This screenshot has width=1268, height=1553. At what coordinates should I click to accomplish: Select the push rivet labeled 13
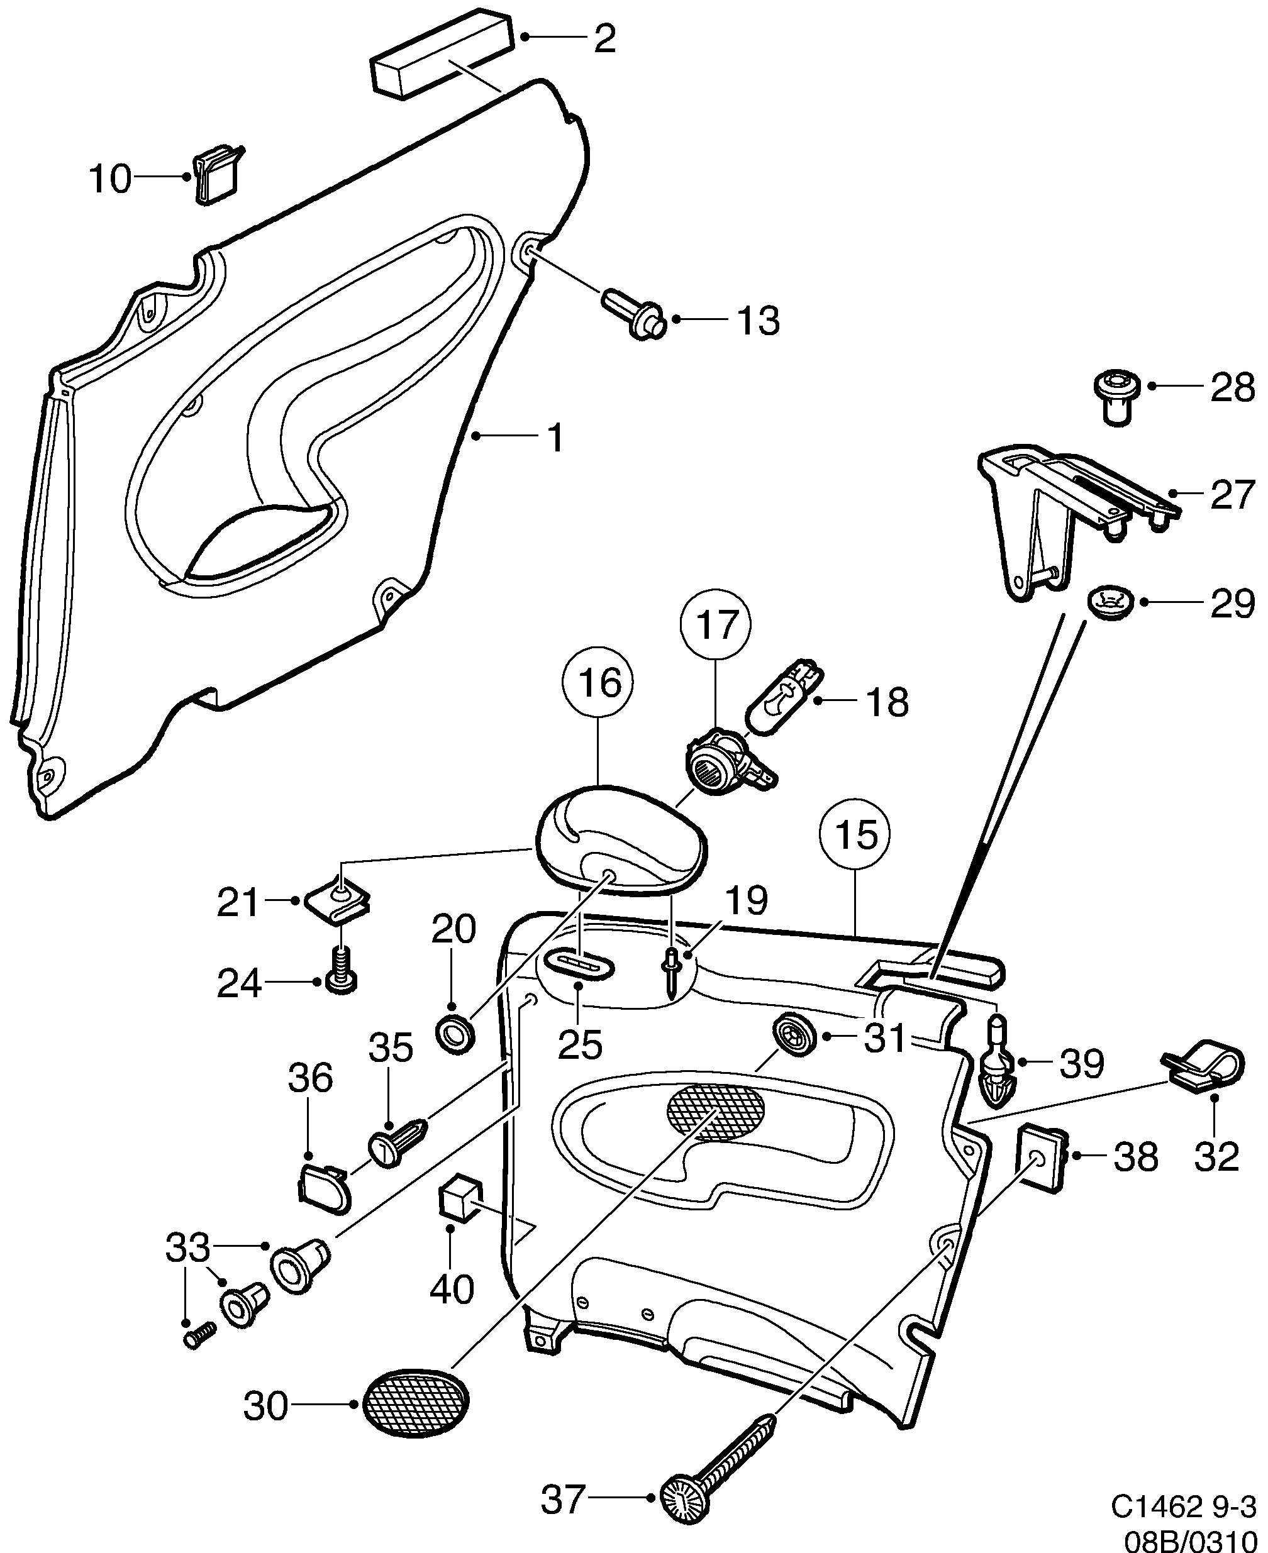click(x=633, y=316)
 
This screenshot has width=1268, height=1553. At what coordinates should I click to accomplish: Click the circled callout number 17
click(x=715, y=626)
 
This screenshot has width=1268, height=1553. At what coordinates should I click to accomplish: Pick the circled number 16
click(x=598, y=683)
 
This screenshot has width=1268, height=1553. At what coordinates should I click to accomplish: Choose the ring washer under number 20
click(x=454, y=1032)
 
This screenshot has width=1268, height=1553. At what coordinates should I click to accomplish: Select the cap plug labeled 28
click(x=1115, y=395)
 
